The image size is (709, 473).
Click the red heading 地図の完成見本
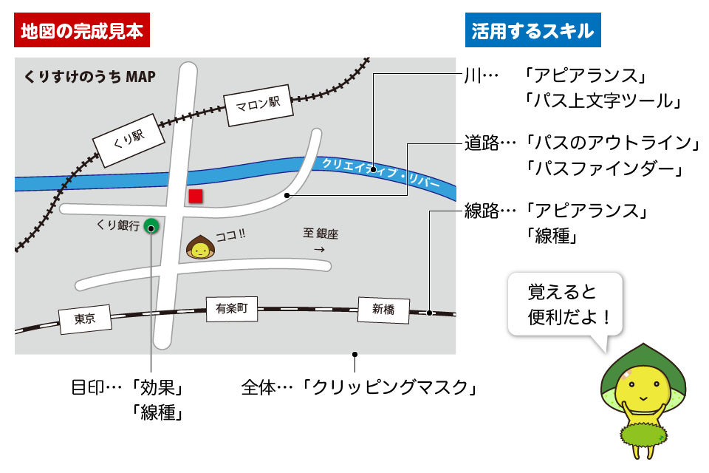(81, 31)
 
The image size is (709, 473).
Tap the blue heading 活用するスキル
(532, 31)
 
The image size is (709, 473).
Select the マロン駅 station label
(258, 105)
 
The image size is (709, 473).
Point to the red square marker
(195, 196)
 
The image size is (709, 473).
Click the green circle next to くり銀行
(151, 226)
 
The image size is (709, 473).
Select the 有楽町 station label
(232, 310)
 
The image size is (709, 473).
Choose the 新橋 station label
(383, 310)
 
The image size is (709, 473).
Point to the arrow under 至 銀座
(319, 250)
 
